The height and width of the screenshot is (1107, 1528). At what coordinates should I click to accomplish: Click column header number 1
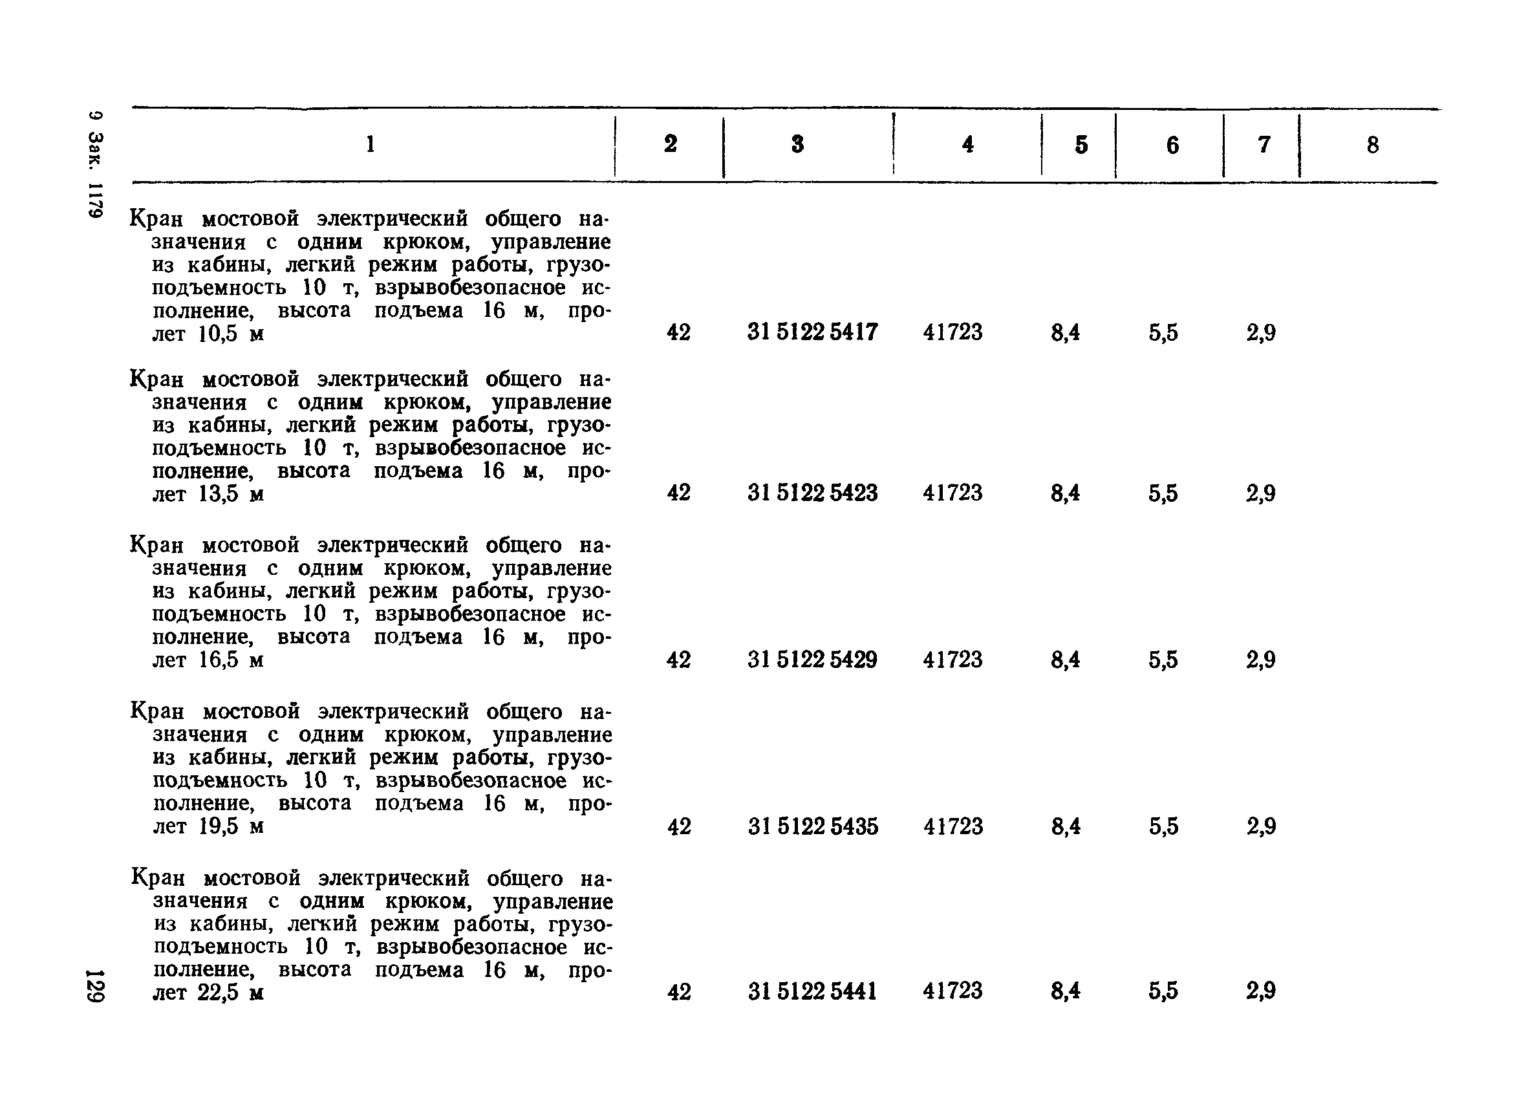[370, 144]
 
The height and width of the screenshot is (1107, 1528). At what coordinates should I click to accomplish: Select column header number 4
[967, 144]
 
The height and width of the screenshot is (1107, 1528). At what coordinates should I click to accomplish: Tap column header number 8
[1372, 145]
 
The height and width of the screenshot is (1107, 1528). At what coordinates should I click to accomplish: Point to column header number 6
[1172, 145]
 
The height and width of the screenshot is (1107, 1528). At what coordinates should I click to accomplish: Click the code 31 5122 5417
[813, 332]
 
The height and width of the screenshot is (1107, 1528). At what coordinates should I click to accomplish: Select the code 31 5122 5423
[813, 493]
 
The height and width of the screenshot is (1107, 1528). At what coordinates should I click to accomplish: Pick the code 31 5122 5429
[813, 660]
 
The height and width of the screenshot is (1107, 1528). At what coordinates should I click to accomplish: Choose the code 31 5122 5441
[813, 991]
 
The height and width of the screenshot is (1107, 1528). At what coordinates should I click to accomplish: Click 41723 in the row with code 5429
[952, 660]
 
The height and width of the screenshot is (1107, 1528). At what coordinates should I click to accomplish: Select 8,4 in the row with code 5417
[1065, 332]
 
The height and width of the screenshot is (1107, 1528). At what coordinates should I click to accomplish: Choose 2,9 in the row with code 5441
[1260, 991]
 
